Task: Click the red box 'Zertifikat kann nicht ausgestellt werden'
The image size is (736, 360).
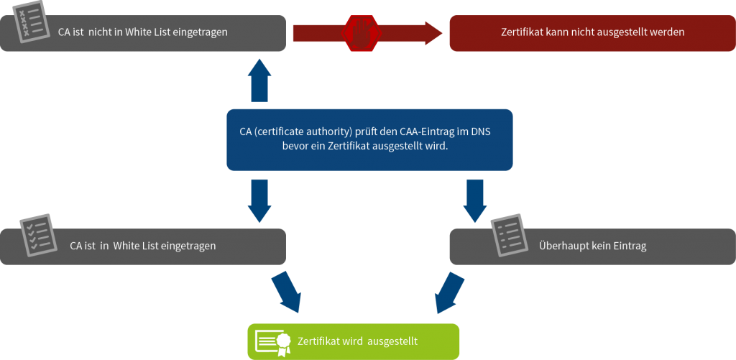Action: click(592, 32)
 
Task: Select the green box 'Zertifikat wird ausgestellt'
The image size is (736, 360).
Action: click(352, 341)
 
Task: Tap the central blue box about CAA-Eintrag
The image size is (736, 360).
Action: click(369, 139)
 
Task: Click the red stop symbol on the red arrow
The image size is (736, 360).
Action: click(362, 32)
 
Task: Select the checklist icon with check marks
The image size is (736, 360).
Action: click(35, 235)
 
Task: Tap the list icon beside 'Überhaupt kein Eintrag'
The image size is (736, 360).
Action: click(508, 235)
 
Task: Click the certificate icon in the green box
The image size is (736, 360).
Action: click(273, 342)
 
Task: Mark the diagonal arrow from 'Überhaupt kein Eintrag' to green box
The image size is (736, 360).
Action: click(450, 291)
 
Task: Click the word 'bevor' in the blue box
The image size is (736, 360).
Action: click(295, 147)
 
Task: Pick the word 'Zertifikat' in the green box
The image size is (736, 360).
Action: click(318, 341)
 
